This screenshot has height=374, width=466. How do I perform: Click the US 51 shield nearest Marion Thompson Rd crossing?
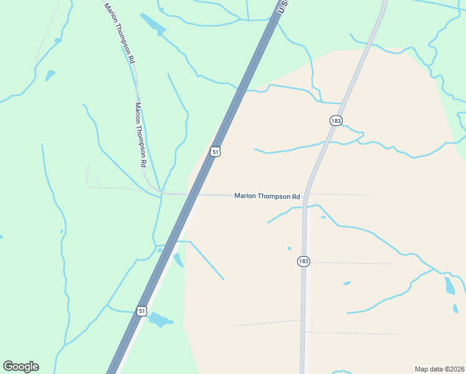(215, 151)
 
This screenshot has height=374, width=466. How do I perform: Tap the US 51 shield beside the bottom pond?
(142, 310)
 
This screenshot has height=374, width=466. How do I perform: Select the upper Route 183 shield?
(336, 120)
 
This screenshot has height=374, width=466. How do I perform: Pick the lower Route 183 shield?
(303, 261)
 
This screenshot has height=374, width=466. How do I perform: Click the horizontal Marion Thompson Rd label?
(267, 196)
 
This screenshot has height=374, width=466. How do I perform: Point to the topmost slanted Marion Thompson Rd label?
(120, 33)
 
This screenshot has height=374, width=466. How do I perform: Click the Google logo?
(21, 367)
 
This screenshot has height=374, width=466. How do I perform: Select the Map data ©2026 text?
(440, 369)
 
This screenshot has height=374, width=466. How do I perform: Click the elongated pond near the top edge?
(153, 24)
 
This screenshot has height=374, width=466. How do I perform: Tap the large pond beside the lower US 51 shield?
(159, 320)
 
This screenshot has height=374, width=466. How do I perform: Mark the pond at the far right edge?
(449, 285)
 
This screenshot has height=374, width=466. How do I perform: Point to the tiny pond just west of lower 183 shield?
(289, 249)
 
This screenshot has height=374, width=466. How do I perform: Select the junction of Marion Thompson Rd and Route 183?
(306, 195)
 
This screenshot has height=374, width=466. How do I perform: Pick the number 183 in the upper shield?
(336, 120)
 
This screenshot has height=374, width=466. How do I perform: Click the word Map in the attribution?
(421, 369)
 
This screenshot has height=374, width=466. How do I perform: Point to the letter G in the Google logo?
(8, 367)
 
